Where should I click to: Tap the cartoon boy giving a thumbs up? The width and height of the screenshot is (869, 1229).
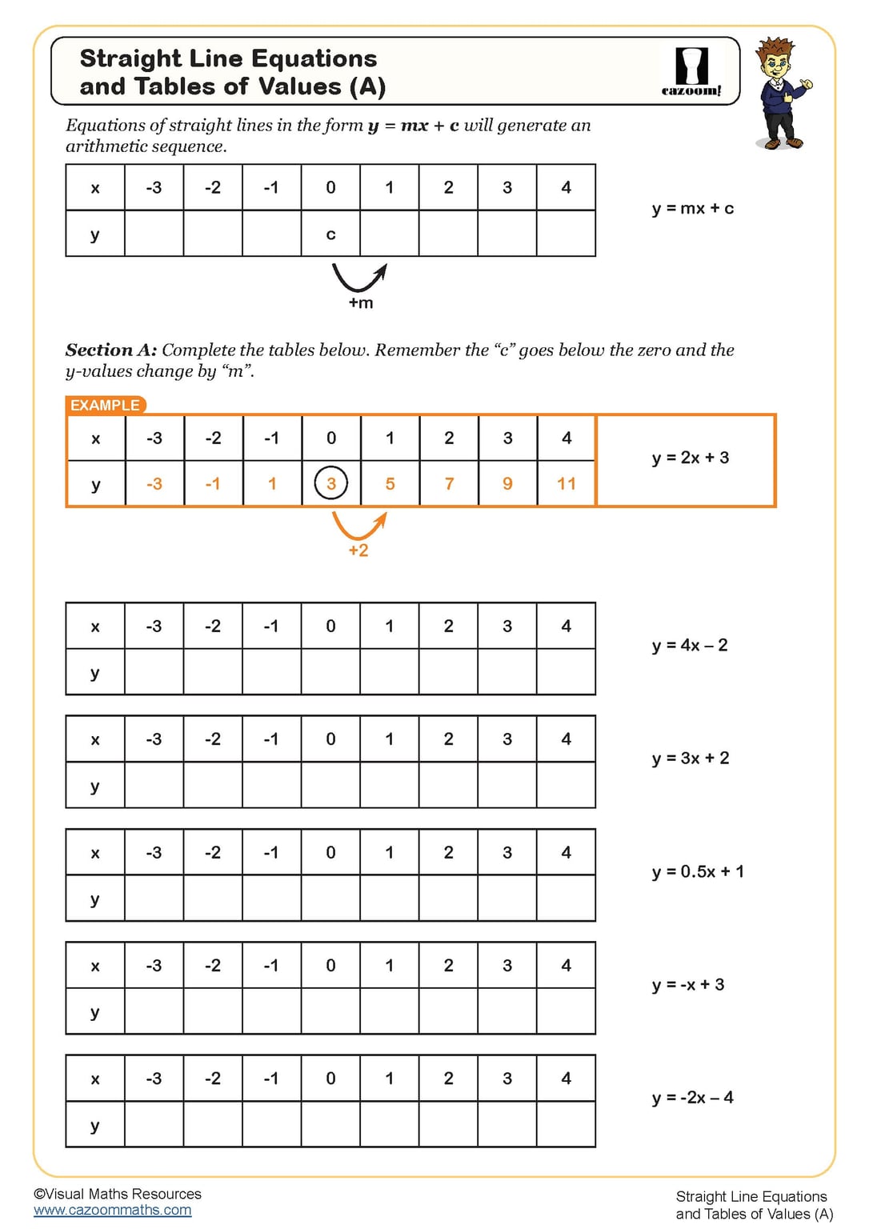coord(781,94)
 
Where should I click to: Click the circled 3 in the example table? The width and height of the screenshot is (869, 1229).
coord(331,484)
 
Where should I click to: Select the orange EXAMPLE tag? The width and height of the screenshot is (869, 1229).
coord(105,405)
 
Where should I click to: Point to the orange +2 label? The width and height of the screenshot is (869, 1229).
coord(358,550)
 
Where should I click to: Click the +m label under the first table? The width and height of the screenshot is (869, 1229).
coord(361,303)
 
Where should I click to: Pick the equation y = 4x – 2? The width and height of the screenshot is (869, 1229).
coord(690,646)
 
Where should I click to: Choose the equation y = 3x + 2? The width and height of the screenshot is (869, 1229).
coord(691,759)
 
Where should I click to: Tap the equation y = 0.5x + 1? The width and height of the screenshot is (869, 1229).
coord(698,871)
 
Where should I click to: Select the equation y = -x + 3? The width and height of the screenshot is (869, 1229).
coord(688,985)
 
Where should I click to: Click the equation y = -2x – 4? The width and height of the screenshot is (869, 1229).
coord(692,1098)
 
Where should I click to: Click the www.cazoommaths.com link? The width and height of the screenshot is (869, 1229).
coord(113,1211)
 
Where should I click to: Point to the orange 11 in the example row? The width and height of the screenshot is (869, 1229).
coord(567,484)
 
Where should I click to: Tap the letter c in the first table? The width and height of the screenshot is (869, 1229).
coord(330,234)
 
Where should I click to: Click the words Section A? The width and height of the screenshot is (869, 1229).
coord(111,350)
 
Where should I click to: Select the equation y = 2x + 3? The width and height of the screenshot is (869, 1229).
coord(691,458)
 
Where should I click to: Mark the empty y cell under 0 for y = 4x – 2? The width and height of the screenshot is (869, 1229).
coord(330,672)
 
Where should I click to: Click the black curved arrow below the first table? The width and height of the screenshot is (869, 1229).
coord(359,278)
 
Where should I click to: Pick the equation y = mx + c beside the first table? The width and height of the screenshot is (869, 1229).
coord(693,209)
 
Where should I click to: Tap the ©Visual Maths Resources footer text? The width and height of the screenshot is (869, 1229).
coord(118,1194)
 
